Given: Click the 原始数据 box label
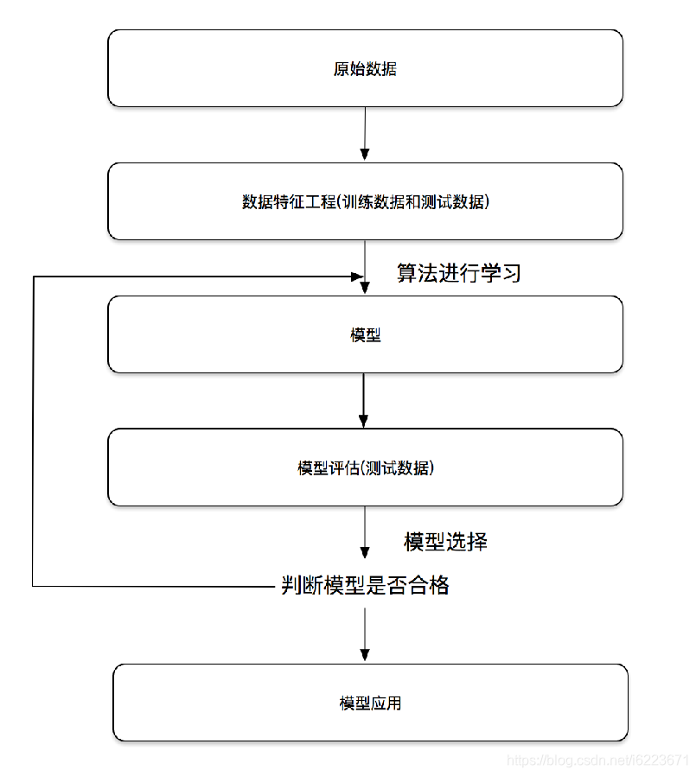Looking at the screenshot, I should (365, 69).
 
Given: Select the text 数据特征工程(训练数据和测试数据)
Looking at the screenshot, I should (365, 202).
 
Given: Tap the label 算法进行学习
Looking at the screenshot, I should (459, 273).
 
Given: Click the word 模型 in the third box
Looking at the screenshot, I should (365, 335).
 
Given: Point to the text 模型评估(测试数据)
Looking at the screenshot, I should (365, 468).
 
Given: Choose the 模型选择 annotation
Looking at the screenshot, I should (446, 542).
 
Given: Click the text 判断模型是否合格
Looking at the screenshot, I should (365, 585).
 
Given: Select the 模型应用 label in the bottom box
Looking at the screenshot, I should (370, 703).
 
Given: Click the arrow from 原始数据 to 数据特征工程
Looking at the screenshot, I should (365, 134).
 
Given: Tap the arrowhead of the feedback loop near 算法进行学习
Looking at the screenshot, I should (355, 277).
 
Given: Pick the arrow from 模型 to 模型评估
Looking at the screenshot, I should (364, 400).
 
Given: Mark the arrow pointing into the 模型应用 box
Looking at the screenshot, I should (365, 635).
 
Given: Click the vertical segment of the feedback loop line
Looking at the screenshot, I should (33, 432).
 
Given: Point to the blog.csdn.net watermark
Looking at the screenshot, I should (597, 760).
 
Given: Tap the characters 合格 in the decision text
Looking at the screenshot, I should (429, 585).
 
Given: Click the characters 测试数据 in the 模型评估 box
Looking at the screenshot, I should (399, 468).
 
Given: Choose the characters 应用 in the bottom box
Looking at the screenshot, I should (386, 703).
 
